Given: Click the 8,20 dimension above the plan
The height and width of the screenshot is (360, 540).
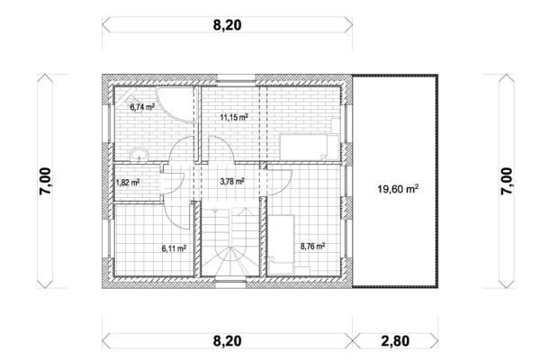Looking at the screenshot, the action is tap(228, 25).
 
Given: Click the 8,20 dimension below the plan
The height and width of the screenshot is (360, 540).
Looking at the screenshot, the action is tap(228, 341).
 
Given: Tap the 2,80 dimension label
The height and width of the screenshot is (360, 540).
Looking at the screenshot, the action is tap(395, 341).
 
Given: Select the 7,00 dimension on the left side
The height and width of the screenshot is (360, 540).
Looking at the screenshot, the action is tap(45, 181).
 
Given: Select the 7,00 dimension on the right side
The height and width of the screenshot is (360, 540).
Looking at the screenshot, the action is tap(507, 181).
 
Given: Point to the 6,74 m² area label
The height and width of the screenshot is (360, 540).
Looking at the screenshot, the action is tap(142, 107).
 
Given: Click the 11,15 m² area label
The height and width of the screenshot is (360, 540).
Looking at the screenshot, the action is tap(234, 118).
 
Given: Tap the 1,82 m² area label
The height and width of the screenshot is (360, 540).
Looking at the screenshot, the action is tap(128, 182).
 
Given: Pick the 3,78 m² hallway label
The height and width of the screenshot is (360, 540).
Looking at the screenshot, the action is tap(232, 181).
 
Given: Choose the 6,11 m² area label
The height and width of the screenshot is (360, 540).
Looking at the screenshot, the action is tap(174, 247).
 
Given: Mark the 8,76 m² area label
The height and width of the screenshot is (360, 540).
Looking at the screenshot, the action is tap(312, 247).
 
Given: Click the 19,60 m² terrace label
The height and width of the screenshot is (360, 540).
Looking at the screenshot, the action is tap(398, 189).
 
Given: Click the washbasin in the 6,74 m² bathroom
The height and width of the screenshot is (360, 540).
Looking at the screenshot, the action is tap(139, 154).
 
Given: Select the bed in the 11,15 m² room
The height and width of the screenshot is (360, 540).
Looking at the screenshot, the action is tap(310, 148).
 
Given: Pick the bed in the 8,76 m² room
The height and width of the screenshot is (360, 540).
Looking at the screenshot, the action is tap(282, 245).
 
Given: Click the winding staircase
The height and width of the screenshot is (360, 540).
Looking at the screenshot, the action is tap(230, 241).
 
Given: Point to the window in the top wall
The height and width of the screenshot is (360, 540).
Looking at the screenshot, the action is tap(236, 79).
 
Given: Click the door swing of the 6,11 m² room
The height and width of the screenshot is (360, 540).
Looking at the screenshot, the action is tap(175, 216).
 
